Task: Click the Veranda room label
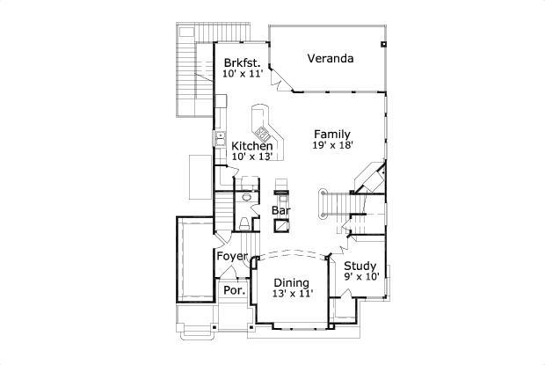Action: click(331, 59)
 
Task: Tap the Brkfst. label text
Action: click(242, 62)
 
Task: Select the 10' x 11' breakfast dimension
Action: click(242, 75)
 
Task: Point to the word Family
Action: click(332, 134)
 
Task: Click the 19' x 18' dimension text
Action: click(332, 146)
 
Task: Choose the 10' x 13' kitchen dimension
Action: click(252, 157)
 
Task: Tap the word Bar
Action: click(281, 211)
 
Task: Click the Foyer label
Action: click(232, 256)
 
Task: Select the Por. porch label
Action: click(232, 290)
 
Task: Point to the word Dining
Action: click(290, 282)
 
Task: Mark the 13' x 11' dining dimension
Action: click(290, 295)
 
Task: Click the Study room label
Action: click(360, 266)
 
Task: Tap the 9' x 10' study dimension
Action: click(360, 278)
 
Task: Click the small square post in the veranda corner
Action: click(382, 42)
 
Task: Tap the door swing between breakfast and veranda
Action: click(276, 79)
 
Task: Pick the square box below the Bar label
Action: click(282, 225)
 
